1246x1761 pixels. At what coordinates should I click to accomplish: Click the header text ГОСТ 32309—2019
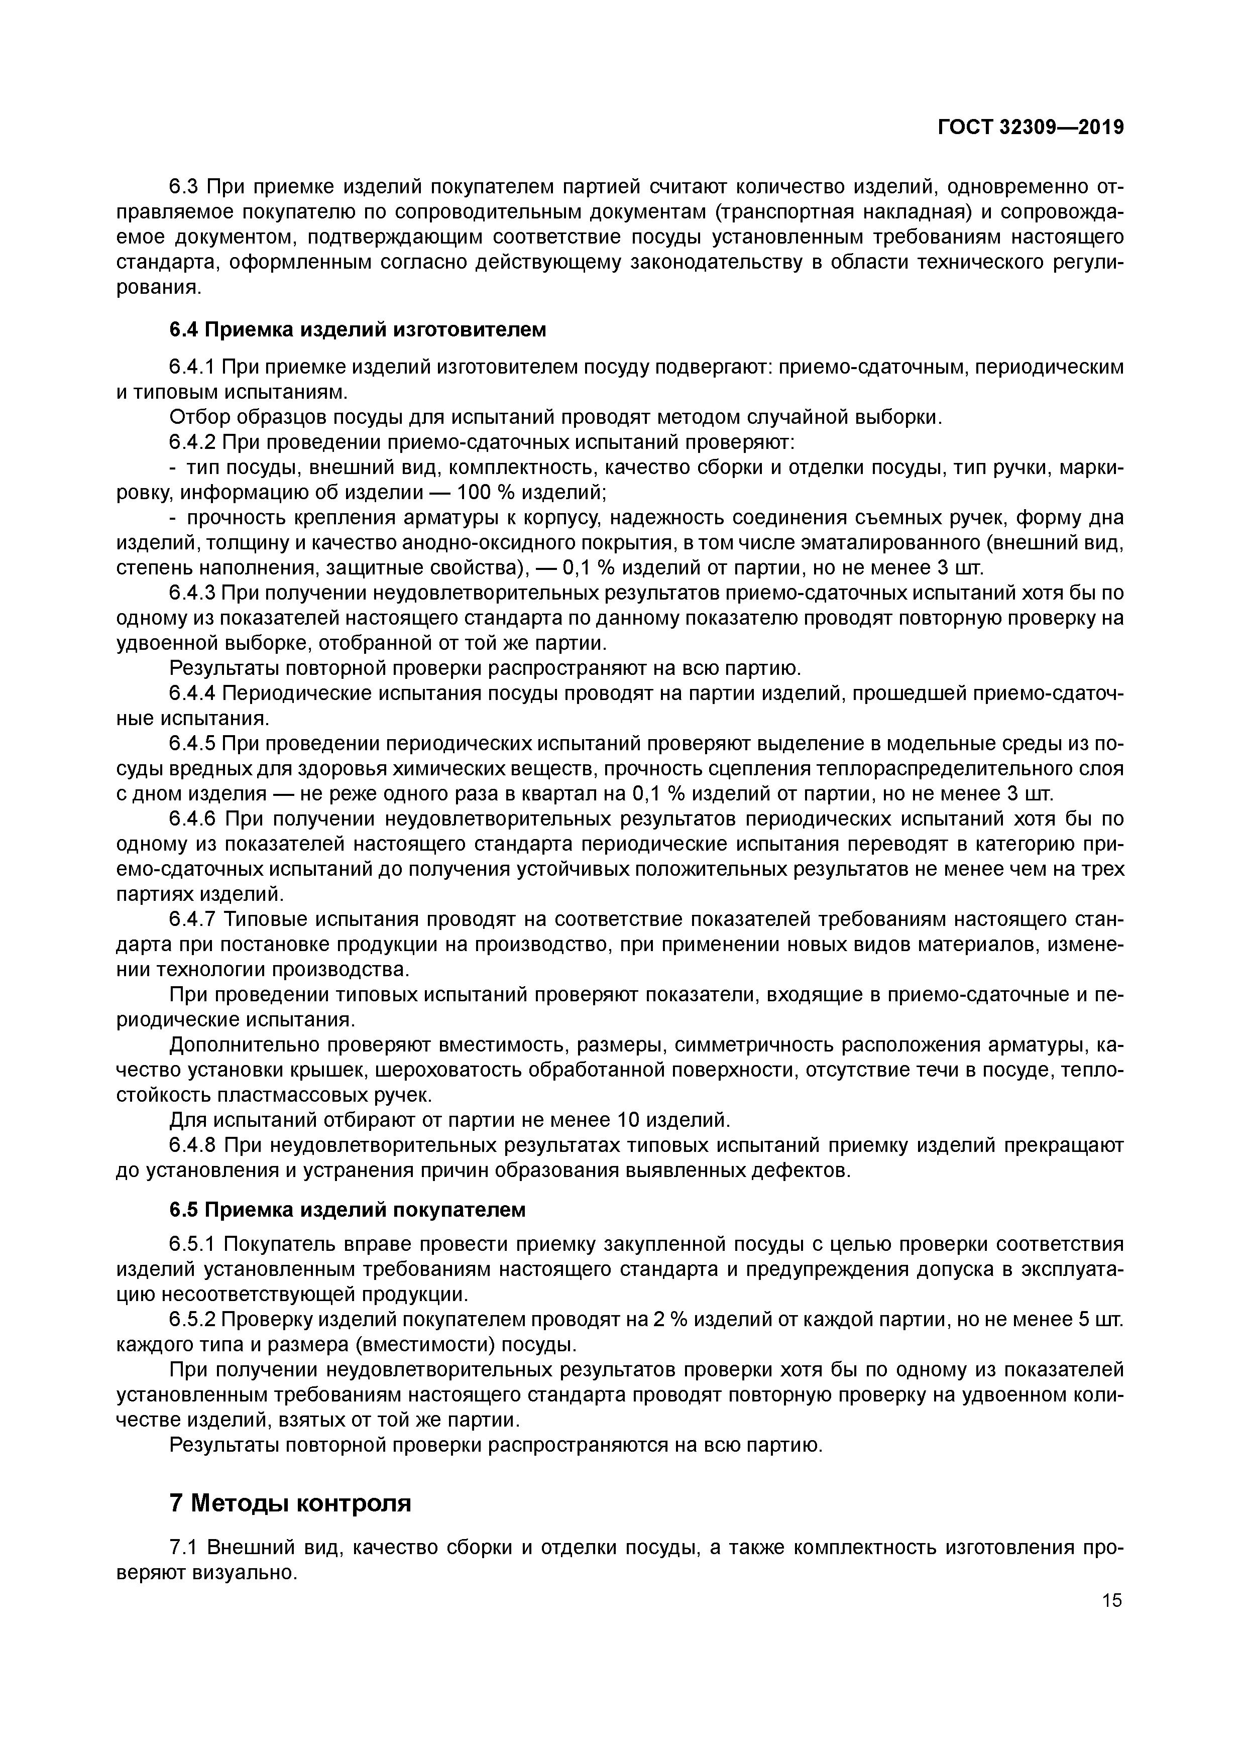[1031, 128]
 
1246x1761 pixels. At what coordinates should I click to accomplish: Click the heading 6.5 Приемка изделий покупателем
[347, 1210]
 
